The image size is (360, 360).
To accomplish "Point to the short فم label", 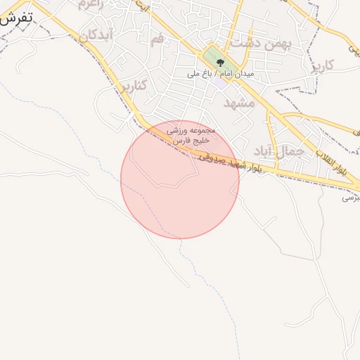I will coord(156,39).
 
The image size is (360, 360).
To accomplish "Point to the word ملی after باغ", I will coord(193,73).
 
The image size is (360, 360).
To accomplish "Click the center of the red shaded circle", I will coord(180,179).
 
